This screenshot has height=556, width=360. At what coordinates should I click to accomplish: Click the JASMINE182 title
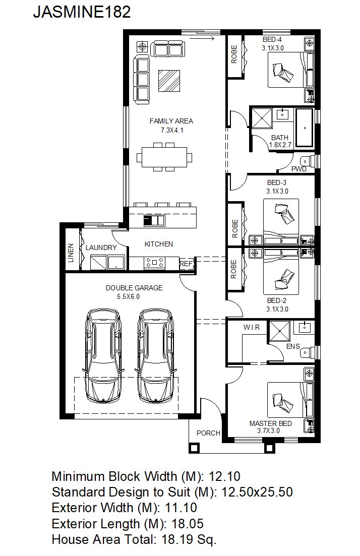click(x=82, y=12)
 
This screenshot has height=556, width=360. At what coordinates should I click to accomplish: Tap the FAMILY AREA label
click(x=171, y=121)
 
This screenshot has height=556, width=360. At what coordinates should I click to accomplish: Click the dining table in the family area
click(x=164, y=157)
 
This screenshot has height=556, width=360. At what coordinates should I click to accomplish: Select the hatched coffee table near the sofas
click(x=169, y=81)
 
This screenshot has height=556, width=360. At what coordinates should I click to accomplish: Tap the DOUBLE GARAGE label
click(x=134, y=288)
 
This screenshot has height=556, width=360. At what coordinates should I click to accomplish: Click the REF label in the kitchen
click(x=186, y=264)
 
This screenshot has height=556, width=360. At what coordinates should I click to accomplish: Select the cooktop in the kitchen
click(x=154, y=263)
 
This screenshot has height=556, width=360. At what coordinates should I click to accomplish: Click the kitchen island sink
click(x=154, y=220)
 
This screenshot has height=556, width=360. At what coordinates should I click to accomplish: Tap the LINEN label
click(x=71, y=253)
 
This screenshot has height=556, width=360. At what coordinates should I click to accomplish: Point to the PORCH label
click(x=208, y=433)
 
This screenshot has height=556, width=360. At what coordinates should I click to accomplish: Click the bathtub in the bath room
click(x=305, y=128)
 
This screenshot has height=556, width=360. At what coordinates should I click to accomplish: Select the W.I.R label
click(x=252, y=327)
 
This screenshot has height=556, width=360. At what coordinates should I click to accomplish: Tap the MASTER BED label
click(x=271, y=423)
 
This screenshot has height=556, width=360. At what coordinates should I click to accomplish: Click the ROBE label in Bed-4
click(x=234, y=54)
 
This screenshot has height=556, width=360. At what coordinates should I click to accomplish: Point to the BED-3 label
click(x=277, y=182)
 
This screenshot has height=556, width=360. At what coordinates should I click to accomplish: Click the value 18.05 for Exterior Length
click(x=188, y=523)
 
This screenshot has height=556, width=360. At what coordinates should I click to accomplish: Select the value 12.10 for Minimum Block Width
click(x=224, y=476)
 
